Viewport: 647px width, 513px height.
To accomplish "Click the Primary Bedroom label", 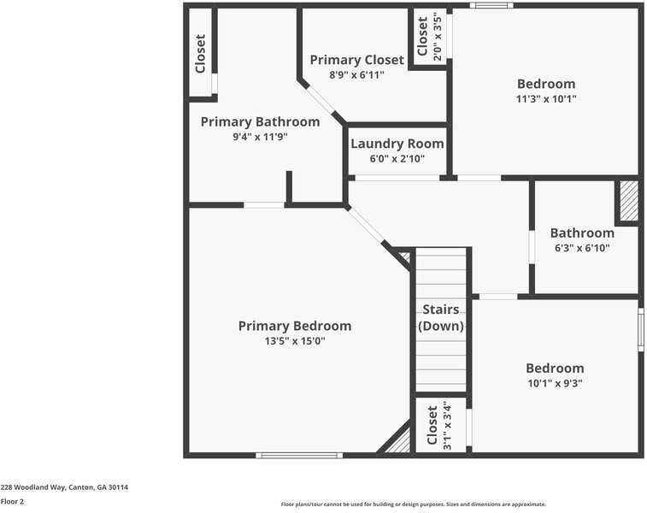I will point(294,326).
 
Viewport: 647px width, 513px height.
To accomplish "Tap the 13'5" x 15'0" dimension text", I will point(294,341).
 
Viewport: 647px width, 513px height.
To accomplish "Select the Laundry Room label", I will point(397,144).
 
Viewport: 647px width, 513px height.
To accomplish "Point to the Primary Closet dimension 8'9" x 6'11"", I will point(356,75).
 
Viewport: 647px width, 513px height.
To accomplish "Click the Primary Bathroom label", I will point(260,121).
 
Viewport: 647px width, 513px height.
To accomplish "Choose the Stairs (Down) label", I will point(441,317).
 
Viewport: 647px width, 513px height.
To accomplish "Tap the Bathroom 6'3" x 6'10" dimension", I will point(581,248).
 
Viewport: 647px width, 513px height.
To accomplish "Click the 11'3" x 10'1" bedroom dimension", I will point(546,99).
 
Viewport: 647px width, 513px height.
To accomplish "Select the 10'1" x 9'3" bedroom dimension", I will point(555,383).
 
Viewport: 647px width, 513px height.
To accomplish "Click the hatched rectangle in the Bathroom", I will point(628,201).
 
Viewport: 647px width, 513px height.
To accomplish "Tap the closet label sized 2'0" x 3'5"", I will point(428,37).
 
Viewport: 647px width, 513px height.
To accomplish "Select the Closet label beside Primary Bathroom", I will point(200,53).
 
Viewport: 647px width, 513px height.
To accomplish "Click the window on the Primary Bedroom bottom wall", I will point(299,455).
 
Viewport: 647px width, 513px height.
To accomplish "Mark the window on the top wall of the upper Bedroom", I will point(491,6).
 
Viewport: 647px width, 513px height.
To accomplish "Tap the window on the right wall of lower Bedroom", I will point(640,329).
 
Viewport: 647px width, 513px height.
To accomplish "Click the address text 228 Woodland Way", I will point(64,487).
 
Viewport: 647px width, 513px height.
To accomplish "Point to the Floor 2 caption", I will point(12,502).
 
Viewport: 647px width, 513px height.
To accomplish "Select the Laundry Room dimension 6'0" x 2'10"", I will point(397,158).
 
